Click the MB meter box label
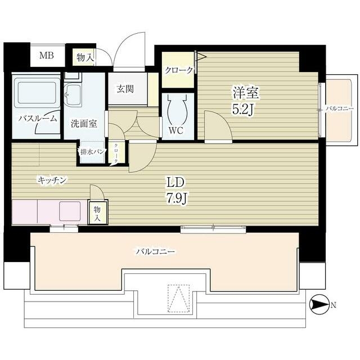coord(47,55)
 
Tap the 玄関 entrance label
coord(125,89)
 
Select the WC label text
coord(176,130)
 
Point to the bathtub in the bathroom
coord(37,93)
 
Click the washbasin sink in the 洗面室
coord(72,95)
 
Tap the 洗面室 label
coord(84,124)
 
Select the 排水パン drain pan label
coord(93,151)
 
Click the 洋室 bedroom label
coord(246,93)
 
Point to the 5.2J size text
coord(243,110)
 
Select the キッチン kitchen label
coord(52,180)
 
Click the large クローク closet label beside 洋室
coord(179,70)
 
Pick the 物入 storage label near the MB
coord(85,57)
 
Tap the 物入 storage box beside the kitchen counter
coord(97,213)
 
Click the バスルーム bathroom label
coord(38,119)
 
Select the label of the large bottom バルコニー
coord(155,251)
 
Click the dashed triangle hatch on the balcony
coord(179,299)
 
